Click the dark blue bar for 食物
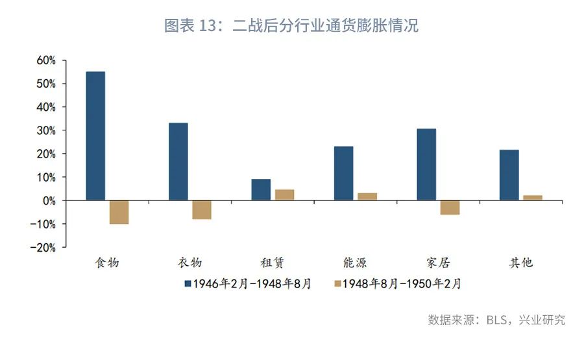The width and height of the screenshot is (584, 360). point(95,136)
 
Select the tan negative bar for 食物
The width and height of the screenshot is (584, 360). point(119,212)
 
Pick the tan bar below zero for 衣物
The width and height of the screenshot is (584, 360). point(202,210)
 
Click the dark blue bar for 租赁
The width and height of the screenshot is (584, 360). point(261,189)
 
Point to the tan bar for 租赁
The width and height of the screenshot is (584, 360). point(284,195)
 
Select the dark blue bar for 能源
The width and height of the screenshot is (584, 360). point(344,173)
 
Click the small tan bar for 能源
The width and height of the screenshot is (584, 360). point(367,197)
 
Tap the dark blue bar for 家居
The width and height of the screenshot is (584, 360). point(426,165)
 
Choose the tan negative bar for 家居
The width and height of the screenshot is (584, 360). point(450,208)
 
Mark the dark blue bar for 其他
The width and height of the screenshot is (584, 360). point(509,175)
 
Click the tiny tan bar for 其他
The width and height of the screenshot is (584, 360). point(533,198)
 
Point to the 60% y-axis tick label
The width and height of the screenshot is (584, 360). point(46,60)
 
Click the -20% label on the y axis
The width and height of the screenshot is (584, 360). point(43,247)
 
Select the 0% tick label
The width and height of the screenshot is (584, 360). point(49,200)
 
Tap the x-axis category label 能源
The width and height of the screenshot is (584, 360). point(355,263)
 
